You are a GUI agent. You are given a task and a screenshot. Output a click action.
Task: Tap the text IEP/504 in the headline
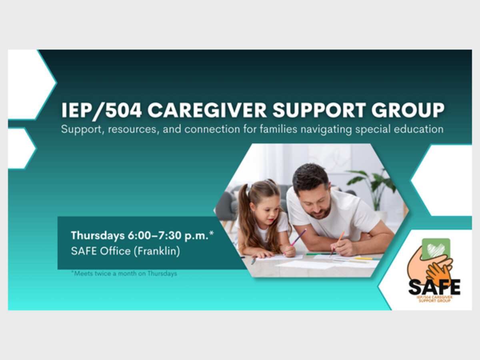pyautogui.click(x=102, y=110)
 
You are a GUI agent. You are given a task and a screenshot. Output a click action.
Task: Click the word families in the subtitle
pyautogui.click(x=278, y=129)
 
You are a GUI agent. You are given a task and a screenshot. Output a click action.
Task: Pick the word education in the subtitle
pyautogui.click(x=418, y=129)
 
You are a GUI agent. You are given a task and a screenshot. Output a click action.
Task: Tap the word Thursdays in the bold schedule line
pyautogui.click(x=98, y=236)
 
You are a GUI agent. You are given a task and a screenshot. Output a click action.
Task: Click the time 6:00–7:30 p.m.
pyautogui.click(x=168, y=236)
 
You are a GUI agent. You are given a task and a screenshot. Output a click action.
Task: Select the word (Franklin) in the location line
pyautogui.click(x=157, y=251)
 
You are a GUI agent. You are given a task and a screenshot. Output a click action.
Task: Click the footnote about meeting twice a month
pyautogui.click(x=124, y=274)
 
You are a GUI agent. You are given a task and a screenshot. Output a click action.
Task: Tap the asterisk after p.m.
pyautogui.click(x=212, y=233)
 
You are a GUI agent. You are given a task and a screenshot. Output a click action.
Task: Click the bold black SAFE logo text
pyautogui.click(x=434, y=287)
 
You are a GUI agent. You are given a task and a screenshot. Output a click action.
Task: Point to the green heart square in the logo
pyautogui.click(x=436, y=248)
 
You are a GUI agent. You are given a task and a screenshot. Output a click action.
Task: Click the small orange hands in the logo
pyautogui.click(x=436, y=272)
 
